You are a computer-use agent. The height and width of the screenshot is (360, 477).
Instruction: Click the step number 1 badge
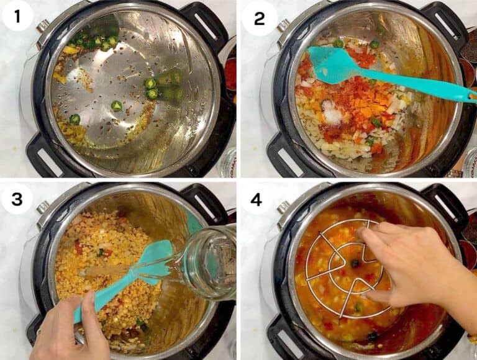pos(17,16)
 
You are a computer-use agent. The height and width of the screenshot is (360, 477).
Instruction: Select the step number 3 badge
pos(17,199)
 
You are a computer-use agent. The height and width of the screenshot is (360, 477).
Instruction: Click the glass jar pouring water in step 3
pos(208,264)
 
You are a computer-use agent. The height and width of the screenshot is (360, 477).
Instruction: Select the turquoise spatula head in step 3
pos(152,261)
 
